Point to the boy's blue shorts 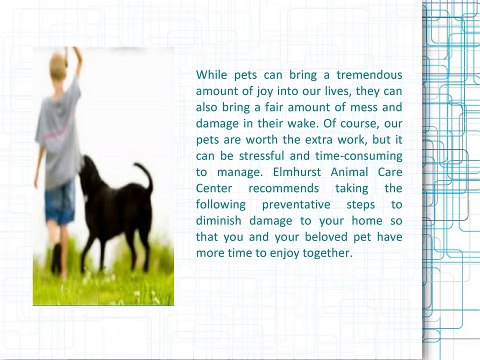pyautogui.click(x=59, y=199)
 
